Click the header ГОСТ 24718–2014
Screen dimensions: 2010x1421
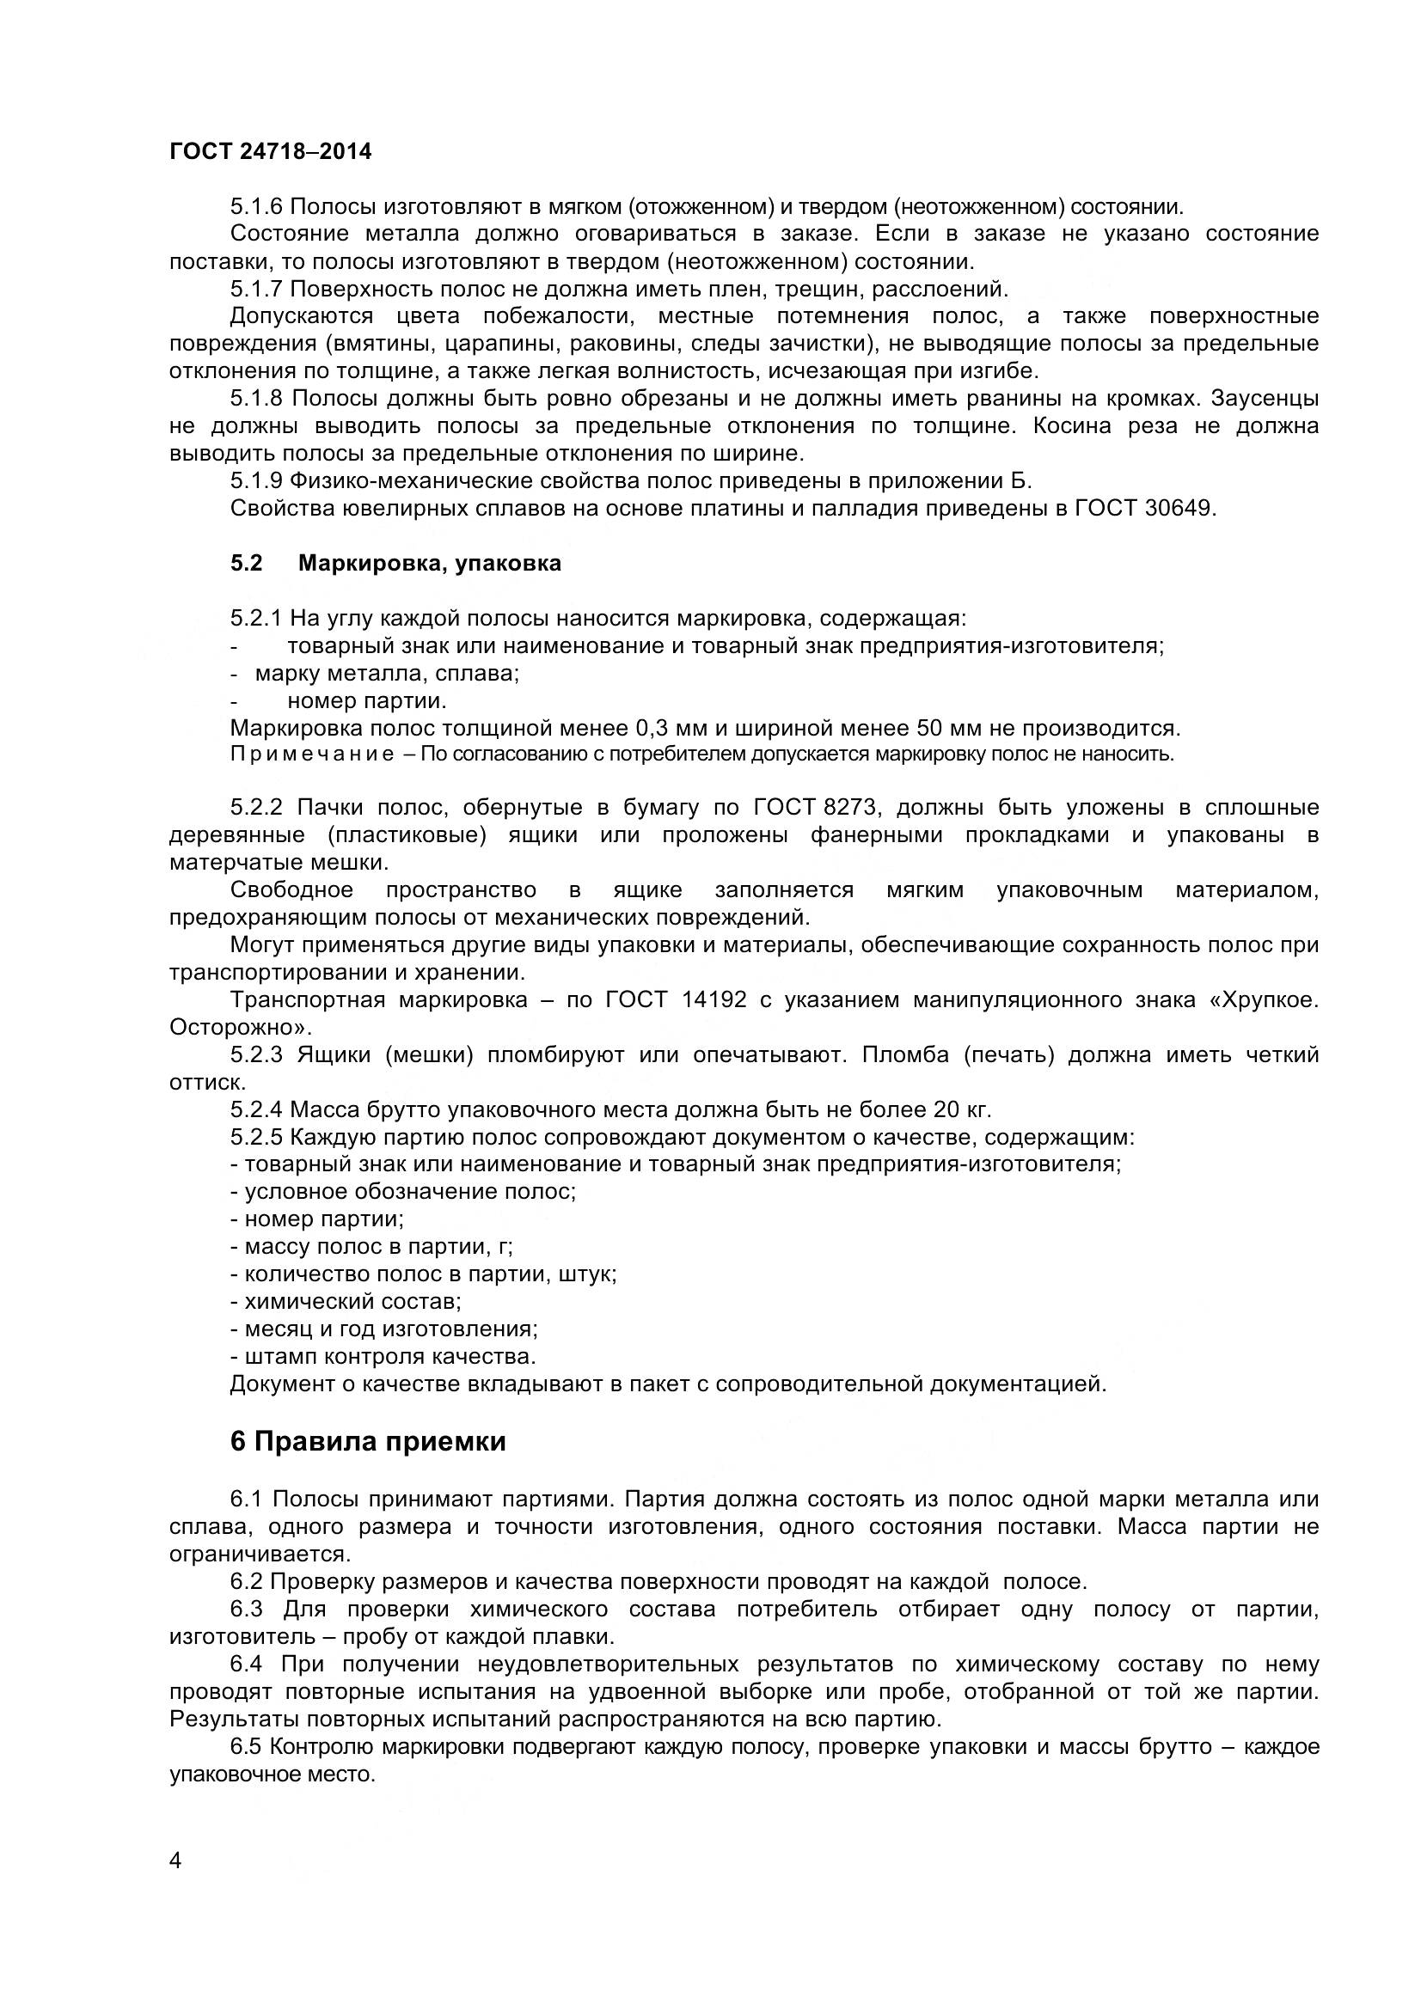pos(270,152)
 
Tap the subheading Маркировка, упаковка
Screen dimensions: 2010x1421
pos(429,563)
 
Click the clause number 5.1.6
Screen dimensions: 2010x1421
pos(256,206)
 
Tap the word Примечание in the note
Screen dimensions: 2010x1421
pos(311,754)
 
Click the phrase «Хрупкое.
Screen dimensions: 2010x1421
pos(1263,999)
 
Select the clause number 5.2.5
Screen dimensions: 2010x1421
pos(256,1137)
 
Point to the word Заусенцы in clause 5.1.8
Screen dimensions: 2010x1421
pos(1265,399)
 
